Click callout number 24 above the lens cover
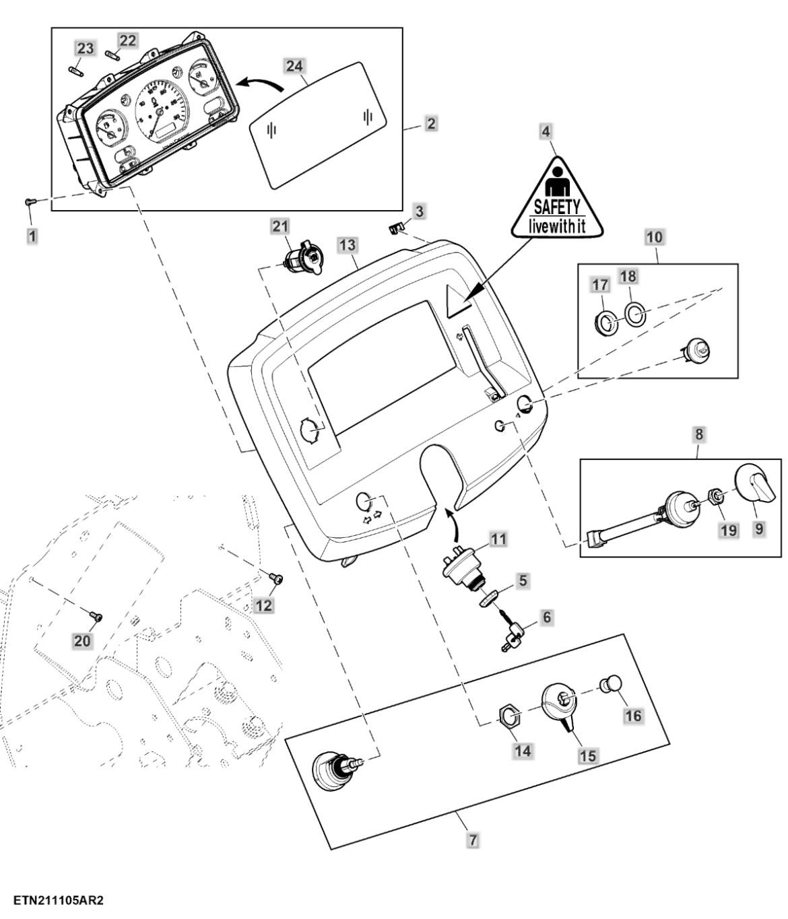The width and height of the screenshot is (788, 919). click(x=294, y=66)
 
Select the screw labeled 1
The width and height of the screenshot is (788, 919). click(x=29, y=201)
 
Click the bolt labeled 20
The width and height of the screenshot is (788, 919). click(x=96, y=615)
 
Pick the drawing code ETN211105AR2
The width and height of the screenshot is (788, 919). click(x=58, y=900)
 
